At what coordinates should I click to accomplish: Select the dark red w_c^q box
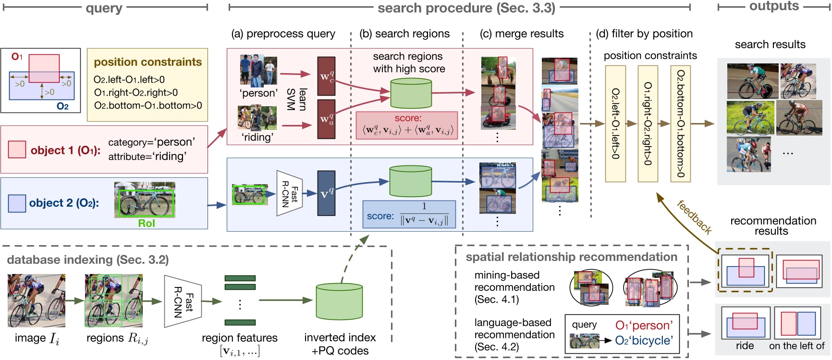coord(326,76)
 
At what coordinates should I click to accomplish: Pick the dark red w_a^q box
coord(326,119)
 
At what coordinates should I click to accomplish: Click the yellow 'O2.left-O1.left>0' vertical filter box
coord(615,124)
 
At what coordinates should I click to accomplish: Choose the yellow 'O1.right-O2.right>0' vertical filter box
coord(648,124)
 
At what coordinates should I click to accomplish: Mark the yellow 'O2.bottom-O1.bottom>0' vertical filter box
coord(680,124)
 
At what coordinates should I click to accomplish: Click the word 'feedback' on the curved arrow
coord(694,217)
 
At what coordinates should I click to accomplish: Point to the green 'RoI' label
coord(147,223)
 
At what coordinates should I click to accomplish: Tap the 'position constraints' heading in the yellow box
coord(148,62)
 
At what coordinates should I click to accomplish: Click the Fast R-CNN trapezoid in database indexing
coord(183,302)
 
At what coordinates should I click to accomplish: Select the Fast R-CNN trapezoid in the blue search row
coord(290,193)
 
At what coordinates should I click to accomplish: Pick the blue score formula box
coord(408,214)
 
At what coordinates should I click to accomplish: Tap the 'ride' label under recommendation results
coord(745,346)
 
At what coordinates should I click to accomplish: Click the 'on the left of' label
coord(796,346)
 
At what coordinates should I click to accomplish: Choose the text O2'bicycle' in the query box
coord(644,340)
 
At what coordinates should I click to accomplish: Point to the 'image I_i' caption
coord(37,338)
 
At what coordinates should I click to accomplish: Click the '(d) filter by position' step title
coord(644,34)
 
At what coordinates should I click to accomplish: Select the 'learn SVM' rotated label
coord(297,99)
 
